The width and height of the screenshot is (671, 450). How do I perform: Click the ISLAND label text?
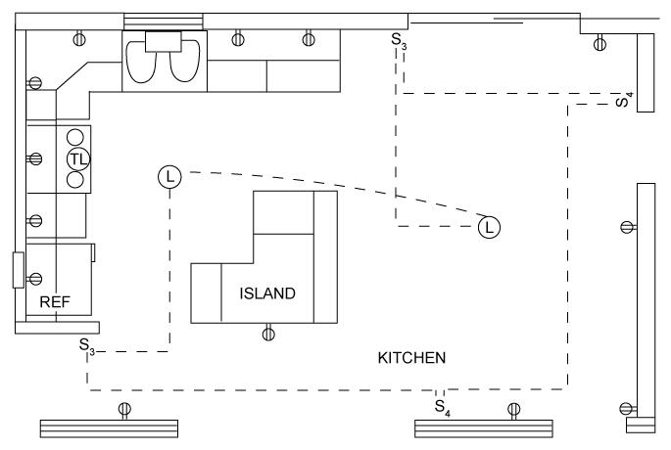pos(267,292)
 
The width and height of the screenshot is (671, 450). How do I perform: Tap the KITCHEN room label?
pos(411,358)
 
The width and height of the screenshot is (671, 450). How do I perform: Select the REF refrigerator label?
pos(55,302)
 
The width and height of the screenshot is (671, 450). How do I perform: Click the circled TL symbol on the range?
pos(78,158)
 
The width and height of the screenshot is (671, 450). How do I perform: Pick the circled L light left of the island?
pos(169,177)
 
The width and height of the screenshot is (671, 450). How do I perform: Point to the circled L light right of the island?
pos(489,228)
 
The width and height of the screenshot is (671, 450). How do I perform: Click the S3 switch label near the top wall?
pos(398,40)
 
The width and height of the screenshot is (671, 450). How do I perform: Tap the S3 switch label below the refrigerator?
pos(87,345)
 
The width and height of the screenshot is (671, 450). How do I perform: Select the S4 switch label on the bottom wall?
pos(442,403)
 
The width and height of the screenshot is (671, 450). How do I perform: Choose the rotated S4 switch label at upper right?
pos(624,100)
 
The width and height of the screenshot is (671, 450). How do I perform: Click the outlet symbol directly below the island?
pos(269,334)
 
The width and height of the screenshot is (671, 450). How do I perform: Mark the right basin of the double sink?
pos(184,65)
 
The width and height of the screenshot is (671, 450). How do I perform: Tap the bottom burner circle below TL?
pos(74,179)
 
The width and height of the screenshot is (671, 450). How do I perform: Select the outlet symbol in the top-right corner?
pos(599,42)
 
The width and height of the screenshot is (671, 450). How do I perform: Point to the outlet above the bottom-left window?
pos(123,409)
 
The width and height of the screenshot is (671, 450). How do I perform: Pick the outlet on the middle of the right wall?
pos(627,227)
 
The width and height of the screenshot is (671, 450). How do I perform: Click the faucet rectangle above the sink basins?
pos(164,40)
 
